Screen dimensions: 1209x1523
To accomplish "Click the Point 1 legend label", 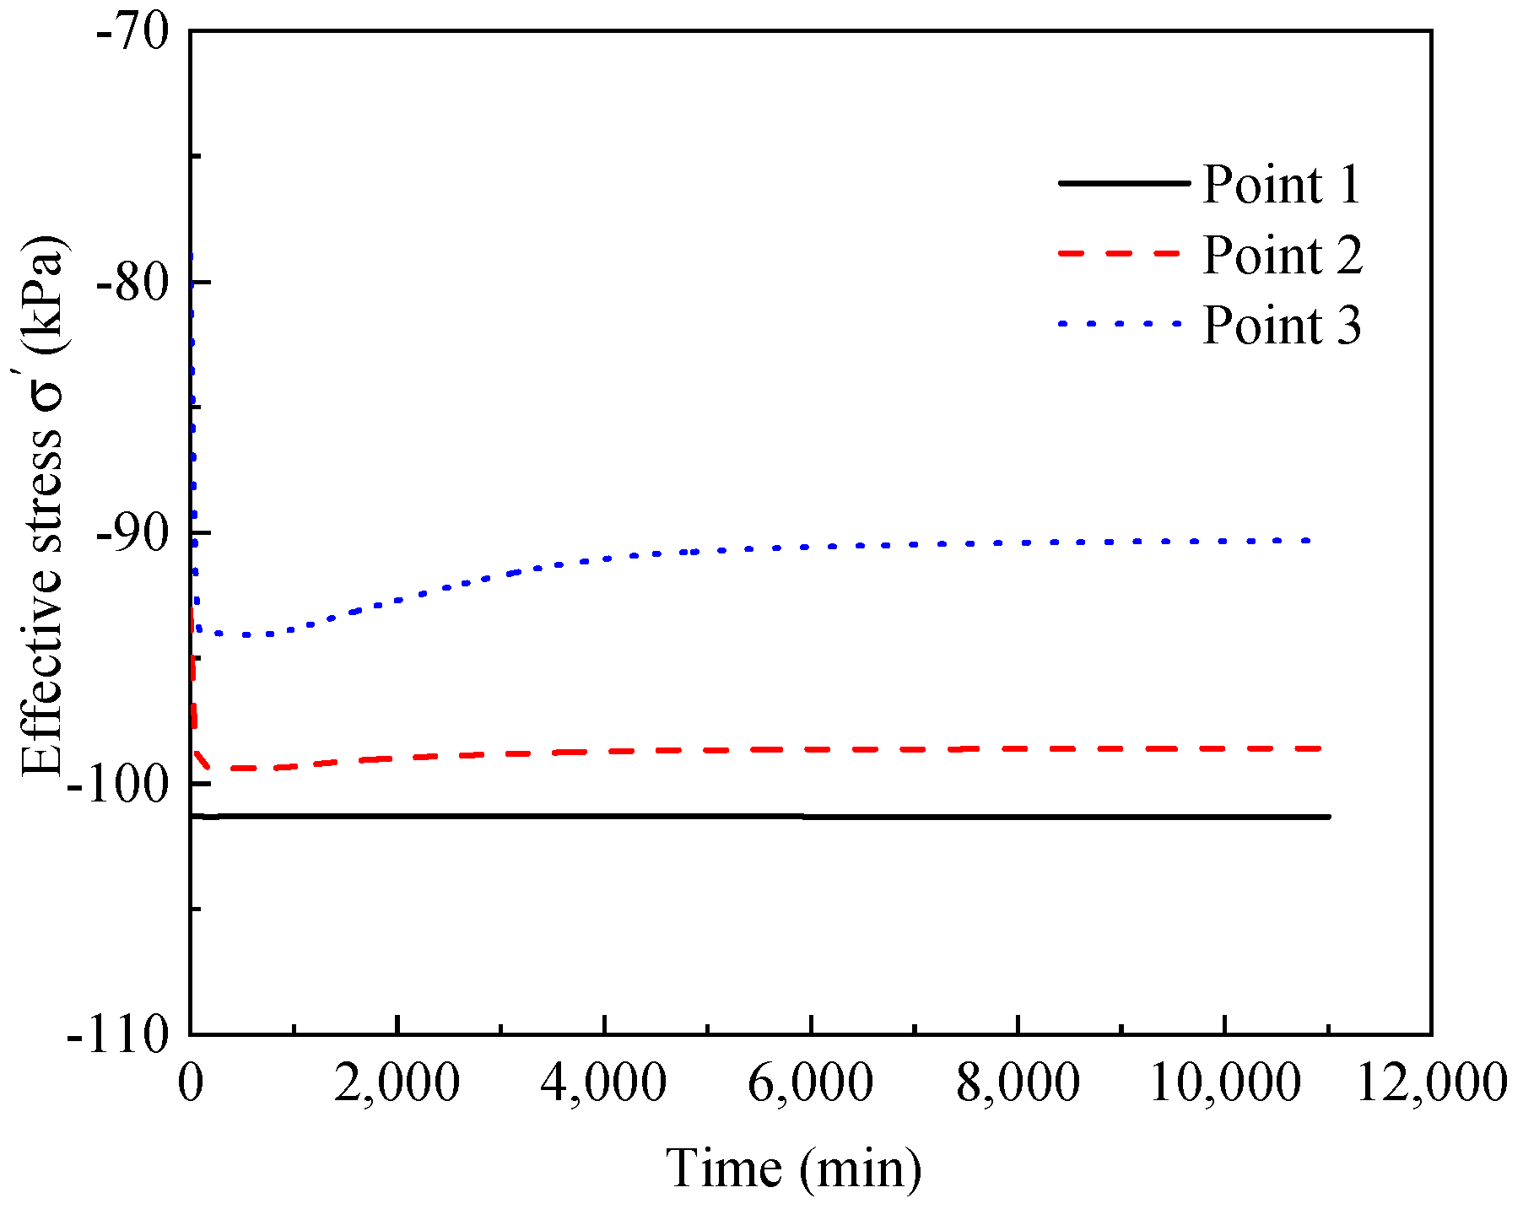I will pos(1281,184).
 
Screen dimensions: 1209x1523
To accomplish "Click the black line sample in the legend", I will pos(1123,182).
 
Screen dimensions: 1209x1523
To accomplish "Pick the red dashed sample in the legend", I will pos(1123,253).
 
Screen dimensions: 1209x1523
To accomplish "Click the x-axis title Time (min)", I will pos(794,1169).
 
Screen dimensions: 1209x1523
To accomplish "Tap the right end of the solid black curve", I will pos(1329,817).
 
